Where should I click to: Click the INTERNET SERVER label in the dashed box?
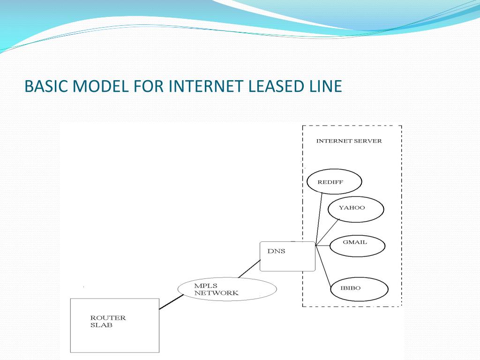[349, 141]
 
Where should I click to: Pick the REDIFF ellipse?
[334, 182]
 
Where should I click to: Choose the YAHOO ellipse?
[356, 209]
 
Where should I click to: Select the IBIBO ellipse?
[359, 289]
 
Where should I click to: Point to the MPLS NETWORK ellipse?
[227, 289]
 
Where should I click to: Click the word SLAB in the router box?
[101, 325]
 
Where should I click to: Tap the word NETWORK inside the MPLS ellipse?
[217, 293]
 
